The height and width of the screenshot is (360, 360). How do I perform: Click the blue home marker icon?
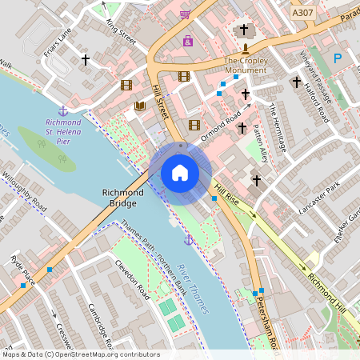click(x=180, y=173)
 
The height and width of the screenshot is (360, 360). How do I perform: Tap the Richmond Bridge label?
click(x=122, y=198)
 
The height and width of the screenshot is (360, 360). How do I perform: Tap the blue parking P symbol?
click(x=337, y=58)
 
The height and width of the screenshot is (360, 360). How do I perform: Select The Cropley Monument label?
click(x=245, y=66)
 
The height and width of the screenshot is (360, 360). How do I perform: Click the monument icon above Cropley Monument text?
click(x=245, y=49)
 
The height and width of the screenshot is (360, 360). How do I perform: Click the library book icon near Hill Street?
click(x=140, y=106)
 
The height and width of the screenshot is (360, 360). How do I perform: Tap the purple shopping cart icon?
click(x=185, y=14)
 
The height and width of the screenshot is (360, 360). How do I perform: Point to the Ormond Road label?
click(x=221, y=127)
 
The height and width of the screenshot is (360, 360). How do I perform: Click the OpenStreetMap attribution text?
click(x=80, y=354)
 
